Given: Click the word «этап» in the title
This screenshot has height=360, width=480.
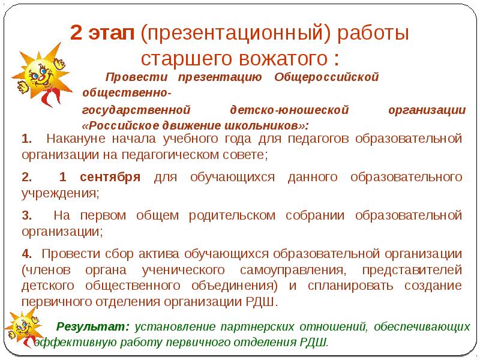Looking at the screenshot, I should pos(112,34).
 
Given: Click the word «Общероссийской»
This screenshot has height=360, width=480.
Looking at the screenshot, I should pos(326,77).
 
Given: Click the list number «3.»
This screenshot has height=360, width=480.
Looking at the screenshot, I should pos(26,215).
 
